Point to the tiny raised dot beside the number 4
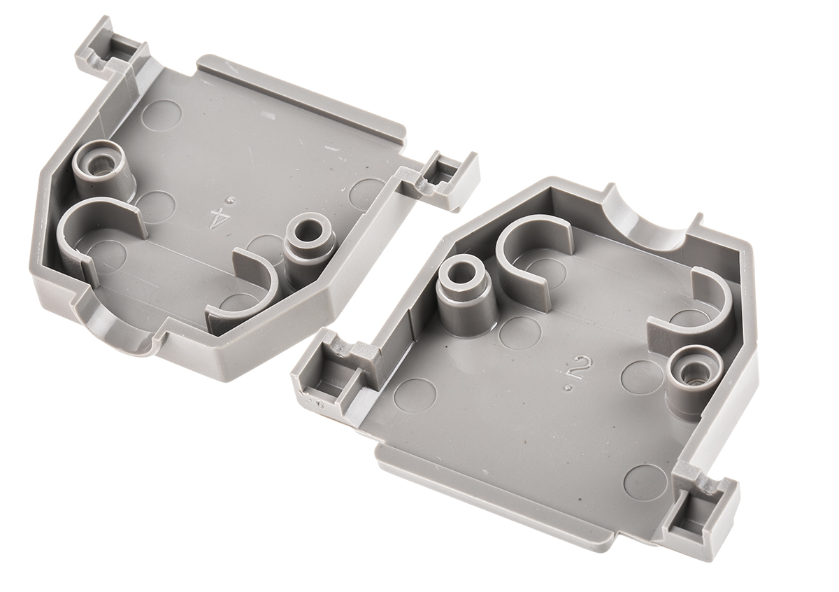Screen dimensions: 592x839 (229, 200)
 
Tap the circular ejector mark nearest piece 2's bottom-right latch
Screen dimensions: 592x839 (643, 481)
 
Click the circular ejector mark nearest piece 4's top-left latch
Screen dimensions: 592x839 (162, 115)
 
